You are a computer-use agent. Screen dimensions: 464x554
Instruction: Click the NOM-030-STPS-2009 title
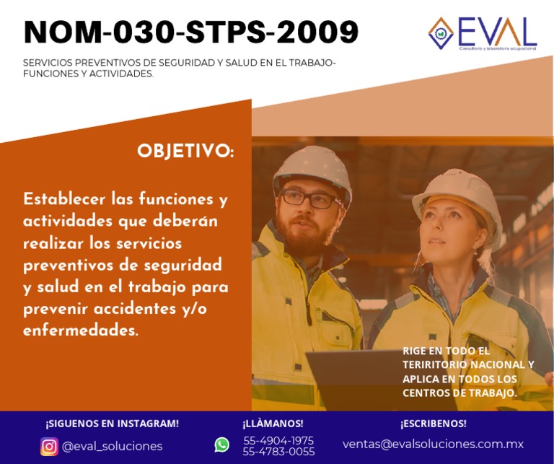point(191,32)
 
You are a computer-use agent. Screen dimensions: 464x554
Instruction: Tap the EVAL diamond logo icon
point(441,32)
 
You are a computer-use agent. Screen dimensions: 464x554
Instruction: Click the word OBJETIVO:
point(185,152)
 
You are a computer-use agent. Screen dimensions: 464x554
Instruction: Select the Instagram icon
point(49,446)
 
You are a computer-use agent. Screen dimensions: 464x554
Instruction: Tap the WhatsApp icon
point(221,445)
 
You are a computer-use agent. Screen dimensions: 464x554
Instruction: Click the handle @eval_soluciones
point(112,446)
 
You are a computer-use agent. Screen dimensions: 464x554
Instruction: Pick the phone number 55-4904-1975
point(278,440)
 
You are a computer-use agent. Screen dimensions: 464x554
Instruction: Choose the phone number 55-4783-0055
point(278,452)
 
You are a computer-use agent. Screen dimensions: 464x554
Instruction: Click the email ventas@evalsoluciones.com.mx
point(433,444)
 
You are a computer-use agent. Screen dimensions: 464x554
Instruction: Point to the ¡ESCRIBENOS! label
point(433,424)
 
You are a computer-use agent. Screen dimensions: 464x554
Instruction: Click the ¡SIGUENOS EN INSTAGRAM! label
point(112,424)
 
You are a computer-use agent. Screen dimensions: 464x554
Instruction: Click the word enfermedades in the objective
point(80,331)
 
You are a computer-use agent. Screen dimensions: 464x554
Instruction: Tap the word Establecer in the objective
point(66,198)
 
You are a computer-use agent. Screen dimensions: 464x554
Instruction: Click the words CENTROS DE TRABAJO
point(460,393)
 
